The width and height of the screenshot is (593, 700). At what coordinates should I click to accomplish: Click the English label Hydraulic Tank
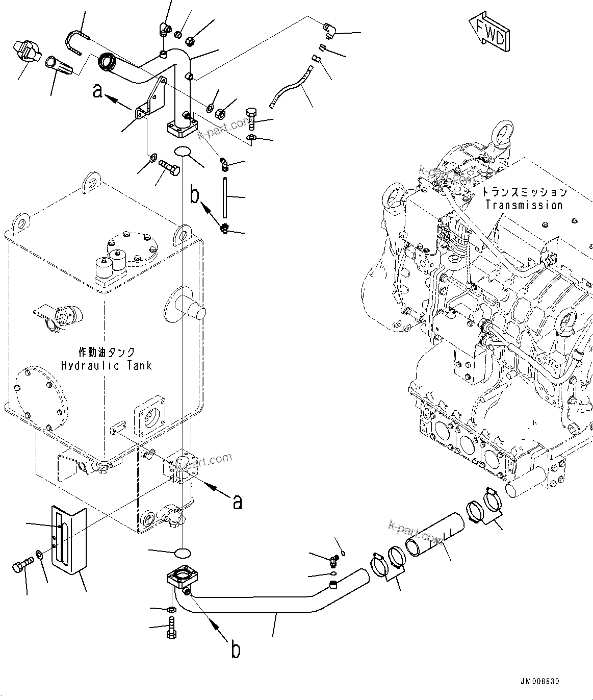[106, 365]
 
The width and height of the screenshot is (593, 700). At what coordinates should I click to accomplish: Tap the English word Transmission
[524, 205]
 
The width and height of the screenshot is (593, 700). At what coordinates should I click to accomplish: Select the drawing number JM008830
[540, 681]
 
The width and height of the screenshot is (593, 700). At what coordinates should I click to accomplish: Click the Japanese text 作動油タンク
[107, 352]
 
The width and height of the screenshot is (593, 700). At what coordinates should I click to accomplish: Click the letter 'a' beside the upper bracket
[98, 92]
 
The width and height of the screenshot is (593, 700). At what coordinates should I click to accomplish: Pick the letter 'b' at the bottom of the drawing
[236, 650]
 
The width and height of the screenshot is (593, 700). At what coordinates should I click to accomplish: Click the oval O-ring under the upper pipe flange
[183, 152]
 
